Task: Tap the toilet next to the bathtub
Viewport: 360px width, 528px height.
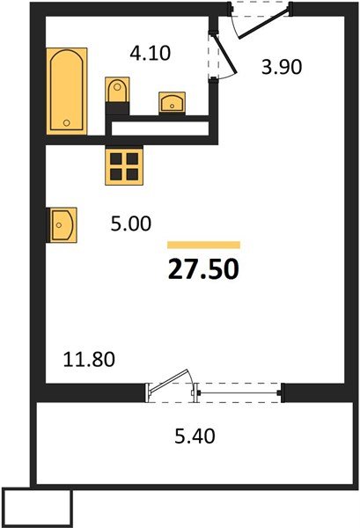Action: [x=115, y=92]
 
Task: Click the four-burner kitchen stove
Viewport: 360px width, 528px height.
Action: [x=122, y=163]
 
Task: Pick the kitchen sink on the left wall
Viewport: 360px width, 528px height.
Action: [x=62, y=224]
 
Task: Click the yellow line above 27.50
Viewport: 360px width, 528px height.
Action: [x=203, y=245]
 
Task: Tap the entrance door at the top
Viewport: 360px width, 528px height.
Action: [x=261, y=23]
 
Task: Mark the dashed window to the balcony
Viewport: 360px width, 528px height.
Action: [x=239, y=391]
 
